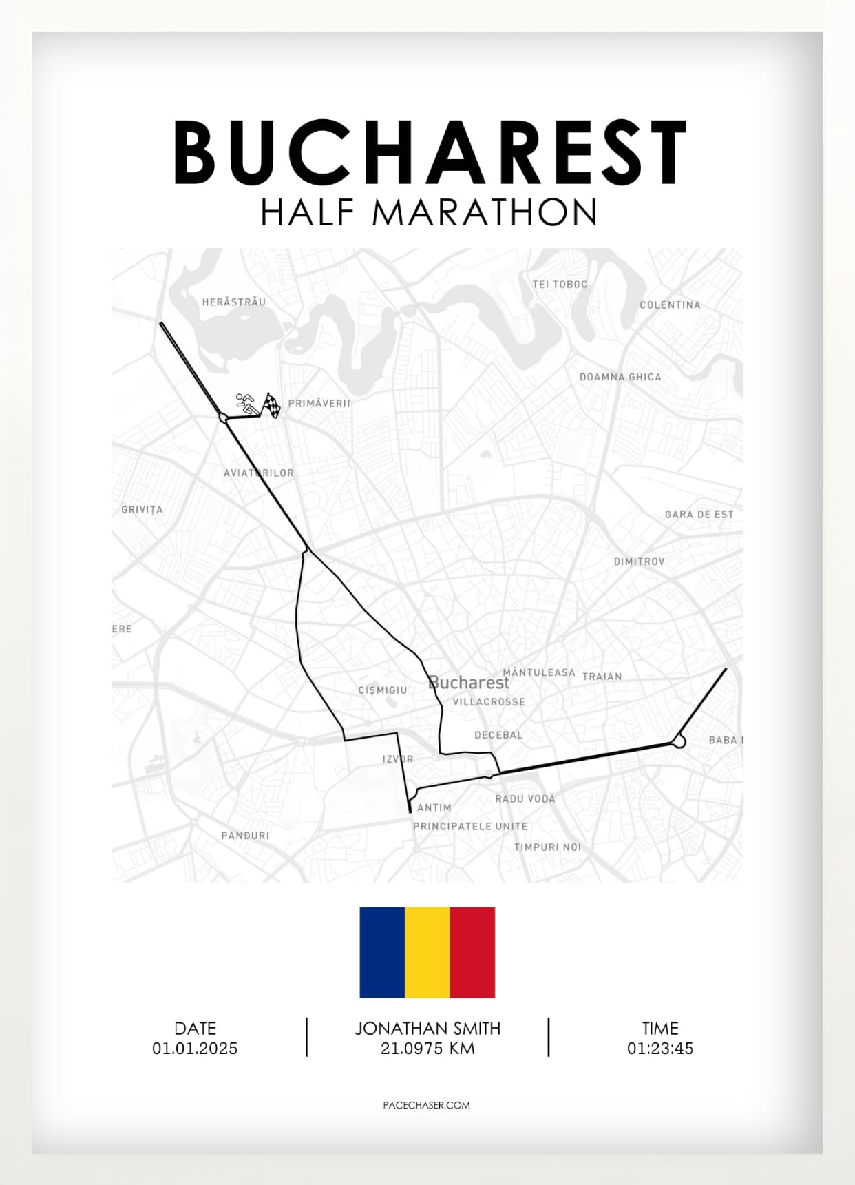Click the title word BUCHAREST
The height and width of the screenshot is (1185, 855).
[x=430, y=152]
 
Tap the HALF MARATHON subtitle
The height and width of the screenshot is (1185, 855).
[x=428, y=212]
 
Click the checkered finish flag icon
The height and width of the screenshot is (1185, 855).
[x=273, y=405]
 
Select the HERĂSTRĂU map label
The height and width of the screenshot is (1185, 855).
[x=234, y=302]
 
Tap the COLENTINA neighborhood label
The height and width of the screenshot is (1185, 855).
[x=670, y=305]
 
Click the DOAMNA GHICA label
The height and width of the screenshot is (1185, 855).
[x=620, y=377]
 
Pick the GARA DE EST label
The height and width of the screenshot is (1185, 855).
[x=699, y=514]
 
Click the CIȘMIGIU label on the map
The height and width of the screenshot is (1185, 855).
[x=383, y=690]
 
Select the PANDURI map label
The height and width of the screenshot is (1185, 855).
[x=245, y=836]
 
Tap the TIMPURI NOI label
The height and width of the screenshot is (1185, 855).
[x=547, y=847]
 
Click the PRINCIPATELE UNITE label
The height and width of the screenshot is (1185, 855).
[x=470, y=826]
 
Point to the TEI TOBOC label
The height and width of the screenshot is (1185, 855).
[x=560, y=284]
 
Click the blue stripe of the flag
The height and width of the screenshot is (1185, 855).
[x=382, y=952]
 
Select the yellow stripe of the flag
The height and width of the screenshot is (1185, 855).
[x=427, y=952]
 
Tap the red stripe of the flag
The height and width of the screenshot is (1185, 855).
[x=472, y=952]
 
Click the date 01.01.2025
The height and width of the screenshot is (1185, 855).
[x=195, y=1049]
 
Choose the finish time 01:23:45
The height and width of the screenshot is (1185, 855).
[x=660, y=1049]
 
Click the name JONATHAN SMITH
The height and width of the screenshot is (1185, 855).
[x=427, y=1029]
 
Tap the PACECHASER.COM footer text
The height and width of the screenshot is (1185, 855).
[x=427, y=1105]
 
